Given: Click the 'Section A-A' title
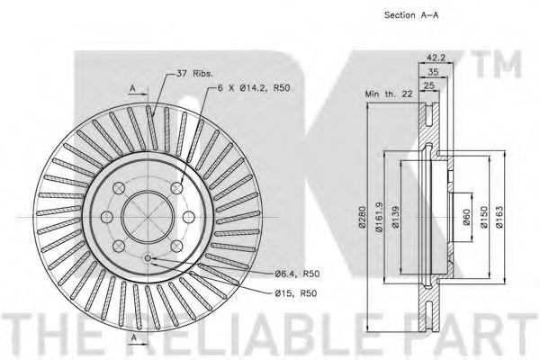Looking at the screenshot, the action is [411, 15].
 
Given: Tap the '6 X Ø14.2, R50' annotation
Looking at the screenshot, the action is [254, 88].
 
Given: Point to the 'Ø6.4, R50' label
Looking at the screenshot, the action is [297, 274].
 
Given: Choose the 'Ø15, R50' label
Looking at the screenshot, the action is [296, 293].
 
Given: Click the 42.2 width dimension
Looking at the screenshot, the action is [436, 58].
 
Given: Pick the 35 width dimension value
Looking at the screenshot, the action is [433, 72].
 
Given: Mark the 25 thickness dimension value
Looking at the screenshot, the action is [428, 85].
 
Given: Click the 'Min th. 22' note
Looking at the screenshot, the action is [389, 94].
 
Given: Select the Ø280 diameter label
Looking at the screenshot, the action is [362, 217].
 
